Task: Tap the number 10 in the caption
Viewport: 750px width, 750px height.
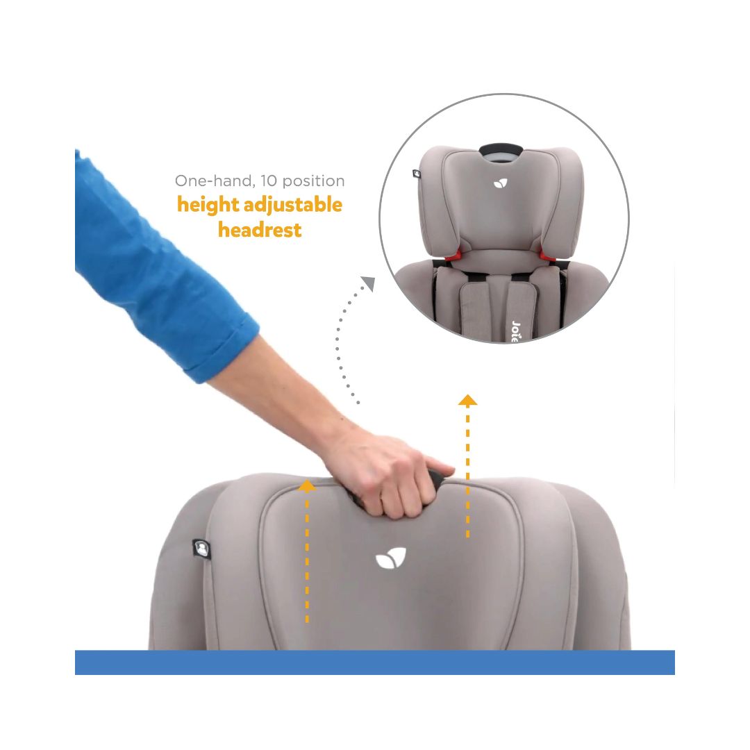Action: click(x=269, y=181)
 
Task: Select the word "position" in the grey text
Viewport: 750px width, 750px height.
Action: click(x=313, y=181)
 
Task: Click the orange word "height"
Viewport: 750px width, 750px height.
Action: click(x=208, y=205)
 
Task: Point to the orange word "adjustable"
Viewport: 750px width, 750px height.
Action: click(x=293, y=205)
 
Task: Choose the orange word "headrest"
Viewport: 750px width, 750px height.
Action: click(x=260, y=230)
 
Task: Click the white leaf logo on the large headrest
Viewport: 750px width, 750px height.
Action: click(x=391, y=558)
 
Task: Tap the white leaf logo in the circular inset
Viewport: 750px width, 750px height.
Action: click(x=500, y=183)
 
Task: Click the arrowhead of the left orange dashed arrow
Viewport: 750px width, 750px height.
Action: click(x=307, y=486)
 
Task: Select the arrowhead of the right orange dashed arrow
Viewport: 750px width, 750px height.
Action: click(x=467, y=401)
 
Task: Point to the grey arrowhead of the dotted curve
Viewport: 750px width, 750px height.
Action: click(x=368, y=283)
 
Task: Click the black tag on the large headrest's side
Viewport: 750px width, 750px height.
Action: click(x=201, y=549)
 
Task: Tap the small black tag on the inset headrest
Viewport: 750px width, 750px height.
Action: click(x=417, y=174)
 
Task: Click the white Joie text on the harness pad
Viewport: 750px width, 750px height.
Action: click(x=515, y=331)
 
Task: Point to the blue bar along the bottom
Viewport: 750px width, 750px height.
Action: click(x=375, y=662)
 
